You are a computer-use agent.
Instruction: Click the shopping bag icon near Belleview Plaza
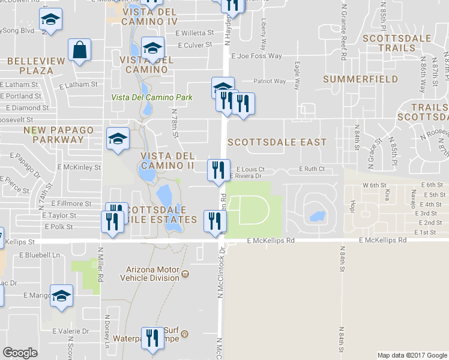pos(79,50)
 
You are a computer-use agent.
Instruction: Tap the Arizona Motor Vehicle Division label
pos(152,274)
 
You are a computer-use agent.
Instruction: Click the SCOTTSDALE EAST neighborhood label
pos(277,142)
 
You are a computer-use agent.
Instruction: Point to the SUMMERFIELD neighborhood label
pos(360,79)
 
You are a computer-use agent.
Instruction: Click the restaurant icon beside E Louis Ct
pos(218,170)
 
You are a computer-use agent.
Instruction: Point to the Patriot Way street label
pos(270,81)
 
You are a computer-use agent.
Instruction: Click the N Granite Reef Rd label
pos(343,32)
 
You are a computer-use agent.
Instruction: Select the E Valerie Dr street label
pos(70,331)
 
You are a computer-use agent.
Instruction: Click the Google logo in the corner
pos(20,353)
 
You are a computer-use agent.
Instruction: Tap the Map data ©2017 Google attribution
pos(412,355)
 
